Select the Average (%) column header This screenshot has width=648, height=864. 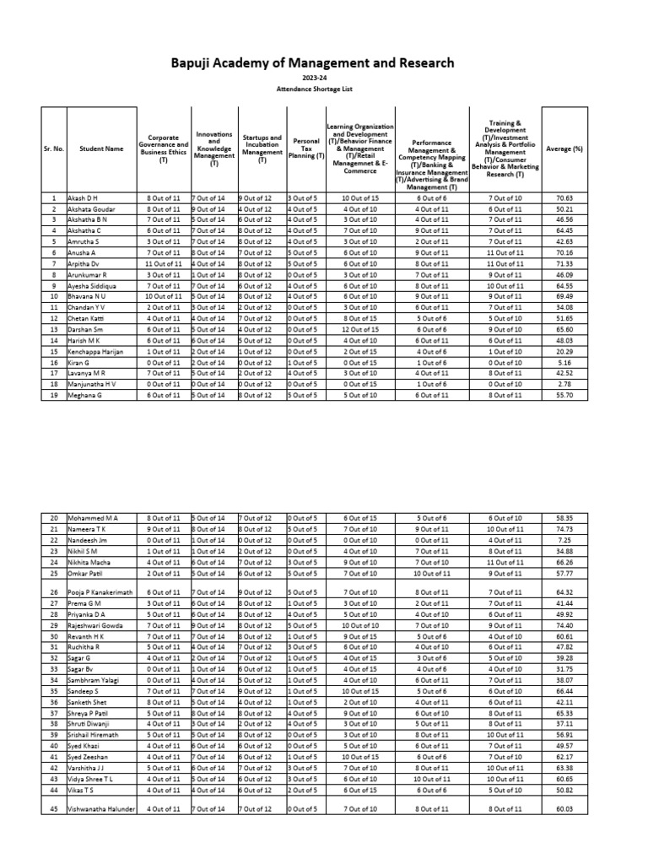coord(564,148)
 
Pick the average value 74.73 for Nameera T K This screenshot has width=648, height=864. coord(564,528)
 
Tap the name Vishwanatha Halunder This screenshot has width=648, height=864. coord(102,810)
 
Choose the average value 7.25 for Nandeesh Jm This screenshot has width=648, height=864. coord(564,539)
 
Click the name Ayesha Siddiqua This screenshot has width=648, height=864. coord(91,284)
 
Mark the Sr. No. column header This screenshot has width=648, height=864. coord(52,148)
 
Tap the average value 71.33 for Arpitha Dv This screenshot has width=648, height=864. coord(564,262)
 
